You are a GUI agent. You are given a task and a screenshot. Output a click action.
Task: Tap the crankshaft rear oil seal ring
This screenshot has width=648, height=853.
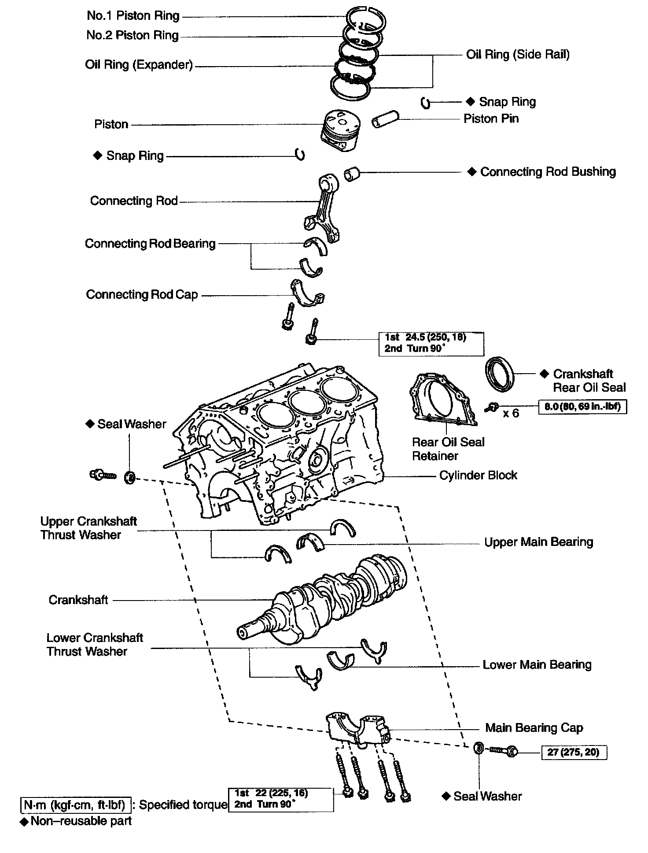click(499, 374)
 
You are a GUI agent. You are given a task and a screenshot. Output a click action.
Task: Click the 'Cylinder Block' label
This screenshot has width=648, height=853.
click(478, 475)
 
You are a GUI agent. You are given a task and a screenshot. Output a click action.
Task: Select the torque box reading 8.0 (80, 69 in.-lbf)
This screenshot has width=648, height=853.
click(582, 407)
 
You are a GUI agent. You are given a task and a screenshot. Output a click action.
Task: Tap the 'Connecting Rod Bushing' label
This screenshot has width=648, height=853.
click(548, 171)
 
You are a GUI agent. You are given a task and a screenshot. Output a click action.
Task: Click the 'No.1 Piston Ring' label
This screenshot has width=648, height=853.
click(133, 16)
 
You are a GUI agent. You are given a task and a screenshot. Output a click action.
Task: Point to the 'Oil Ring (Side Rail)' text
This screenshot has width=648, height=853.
click(518, 54)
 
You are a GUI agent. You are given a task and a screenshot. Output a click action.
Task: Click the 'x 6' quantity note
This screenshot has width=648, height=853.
click(511, 413)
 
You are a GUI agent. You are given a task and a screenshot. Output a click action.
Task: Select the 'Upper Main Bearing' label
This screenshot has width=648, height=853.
click(538, 541)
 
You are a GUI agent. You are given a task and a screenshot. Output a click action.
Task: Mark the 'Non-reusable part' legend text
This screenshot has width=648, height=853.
click(81, 821)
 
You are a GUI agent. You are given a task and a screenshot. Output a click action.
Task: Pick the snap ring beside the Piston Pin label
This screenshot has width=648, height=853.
click(425, 103)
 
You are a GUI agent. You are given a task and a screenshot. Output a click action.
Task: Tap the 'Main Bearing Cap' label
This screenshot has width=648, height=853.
click(534, 727)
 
